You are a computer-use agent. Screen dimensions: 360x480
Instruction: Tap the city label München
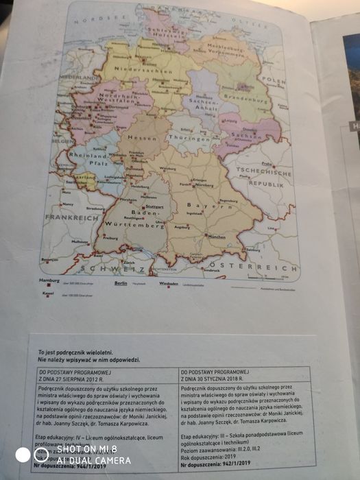pyautogui.click(x=215, y=237)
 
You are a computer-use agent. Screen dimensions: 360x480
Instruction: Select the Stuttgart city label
pyautogui.click(x=155, y=206)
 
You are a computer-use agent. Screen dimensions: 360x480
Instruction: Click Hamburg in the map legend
pyautogui.click(x=50, y=282)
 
